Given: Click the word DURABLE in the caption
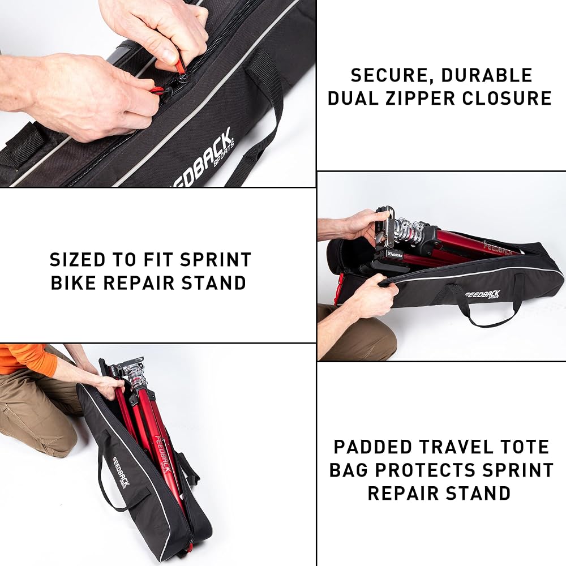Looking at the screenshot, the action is pos(487,75).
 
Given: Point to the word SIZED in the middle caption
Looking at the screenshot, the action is pos(78,260).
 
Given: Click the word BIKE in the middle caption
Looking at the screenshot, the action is pos(74,282).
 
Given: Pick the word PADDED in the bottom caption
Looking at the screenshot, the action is pos(373,447).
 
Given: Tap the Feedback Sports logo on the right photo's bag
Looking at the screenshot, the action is pos(483,294).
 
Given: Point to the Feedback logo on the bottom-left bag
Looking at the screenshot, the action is pos(121,471).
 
